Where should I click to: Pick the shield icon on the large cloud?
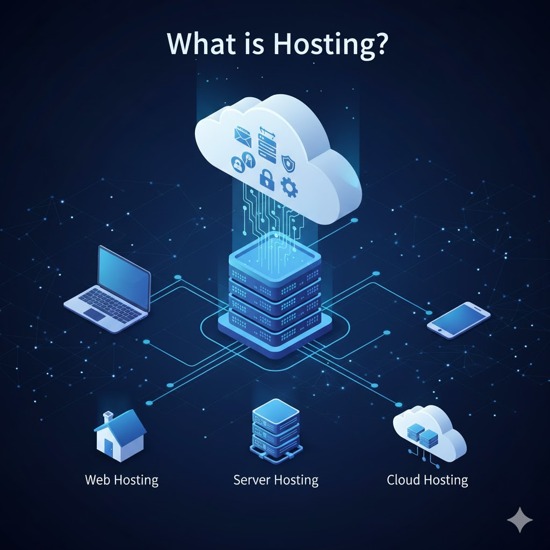[x=288, y=160]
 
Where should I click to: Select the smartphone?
[x=458, y=320]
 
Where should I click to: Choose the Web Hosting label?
[x=121, y=480]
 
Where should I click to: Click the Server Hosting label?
[x=276, y=480]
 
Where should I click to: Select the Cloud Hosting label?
[x=427, y=480]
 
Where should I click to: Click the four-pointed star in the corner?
[x=519, y=520]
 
